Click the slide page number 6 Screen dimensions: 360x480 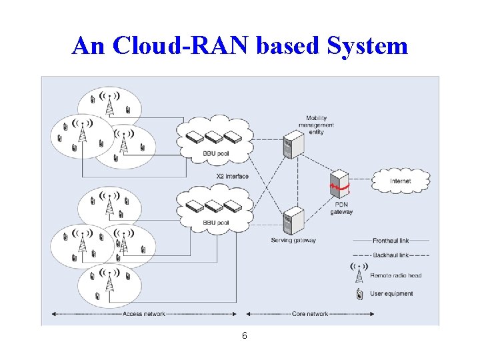(x=244, y=336)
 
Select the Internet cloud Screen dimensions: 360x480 (x=400, y=181)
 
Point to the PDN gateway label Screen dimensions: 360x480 (x=341, y=209)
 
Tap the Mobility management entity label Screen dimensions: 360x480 (x=317, y=125)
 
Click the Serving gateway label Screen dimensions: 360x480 (x=293, y=240)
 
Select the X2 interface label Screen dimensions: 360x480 (x=232, y=176)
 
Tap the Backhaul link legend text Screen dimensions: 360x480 (x=390, y=255)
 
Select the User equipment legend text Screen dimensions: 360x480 (x=393, y=294)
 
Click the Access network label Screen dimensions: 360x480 (x=144, y=314)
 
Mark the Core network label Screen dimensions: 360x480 (x=310, y=314)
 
